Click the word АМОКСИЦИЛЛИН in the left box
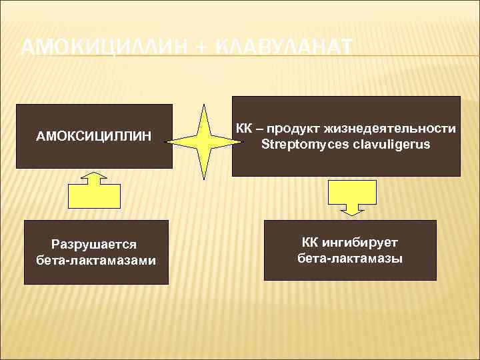[94, 137]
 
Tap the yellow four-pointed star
[203, 141]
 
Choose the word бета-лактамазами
[97, 260]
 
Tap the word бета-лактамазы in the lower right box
[350, 258]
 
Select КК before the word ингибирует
[311, 243]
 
